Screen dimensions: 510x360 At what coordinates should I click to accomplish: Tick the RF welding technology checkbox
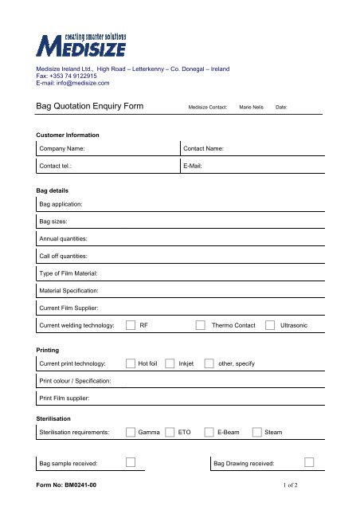point(130,326)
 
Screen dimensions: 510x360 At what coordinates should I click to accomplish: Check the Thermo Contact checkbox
point(201,326)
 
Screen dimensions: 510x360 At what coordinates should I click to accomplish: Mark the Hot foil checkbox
point(130,363)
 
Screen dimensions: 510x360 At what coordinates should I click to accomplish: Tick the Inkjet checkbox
point(170,363)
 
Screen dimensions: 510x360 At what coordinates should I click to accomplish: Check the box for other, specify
point(209,363)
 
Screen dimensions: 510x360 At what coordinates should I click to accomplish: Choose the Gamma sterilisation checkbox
point(130,432)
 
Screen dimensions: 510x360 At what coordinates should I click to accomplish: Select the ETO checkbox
point(170,432)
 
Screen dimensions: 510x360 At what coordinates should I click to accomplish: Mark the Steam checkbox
point(256,432)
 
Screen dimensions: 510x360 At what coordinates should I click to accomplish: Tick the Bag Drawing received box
point(309,462)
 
